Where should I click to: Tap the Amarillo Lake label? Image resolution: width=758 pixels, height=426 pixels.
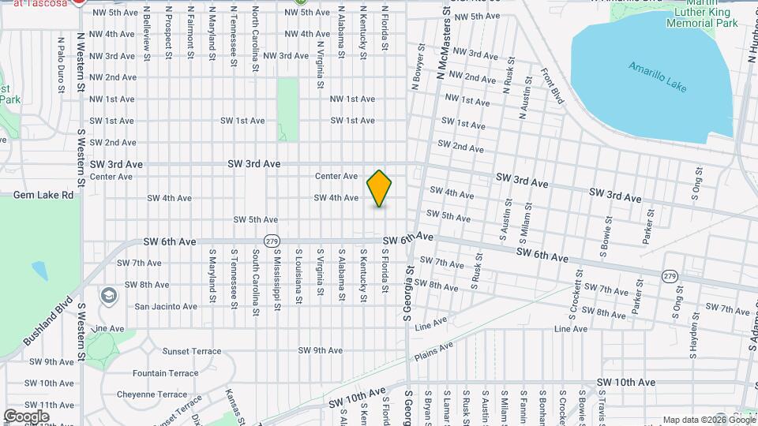click(x=658, y=77)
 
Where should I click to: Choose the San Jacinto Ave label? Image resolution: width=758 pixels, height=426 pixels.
click(x=166, y=306)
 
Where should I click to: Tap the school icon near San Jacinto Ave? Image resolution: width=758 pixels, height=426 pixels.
click(x=108, y=296)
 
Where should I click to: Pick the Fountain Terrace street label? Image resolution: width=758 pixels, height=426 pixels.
click(x=166, y=373)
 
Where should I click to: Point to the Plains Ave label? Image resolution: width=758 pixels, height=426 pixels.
click(x=434, y=350)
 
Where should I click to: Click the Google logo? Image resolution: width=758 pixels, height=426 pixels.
click(x=26, y=416)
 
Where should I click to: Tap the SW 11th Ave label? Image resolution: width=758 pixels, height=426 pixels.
click(x=49, y=405)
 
